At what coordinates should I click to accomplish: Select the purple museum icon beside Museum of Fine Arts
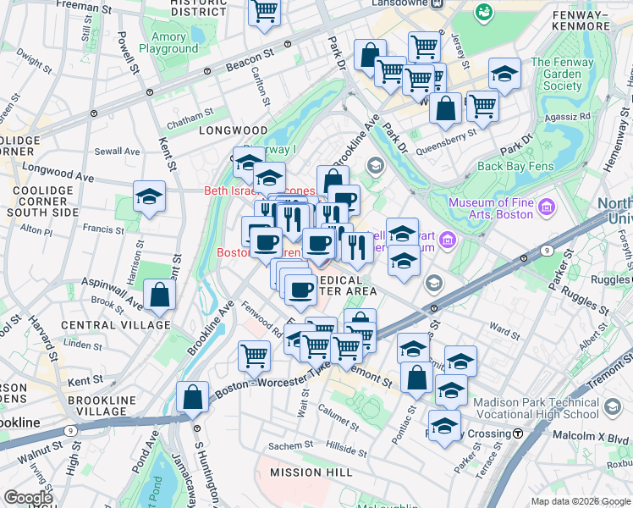(x=546, y=207)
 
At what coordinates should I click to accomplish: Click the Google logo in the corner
(x=28, y=498)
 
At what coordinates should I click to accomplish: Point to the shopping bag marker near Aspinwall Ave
(x=159, y=296)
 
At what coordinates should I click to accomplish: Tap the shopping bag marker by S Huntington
(x=193, y=397)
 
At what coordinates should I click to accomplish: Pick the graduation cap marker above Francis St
(x=149, y=198)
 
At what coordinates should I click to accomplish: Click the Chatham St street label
(x=192, y=114)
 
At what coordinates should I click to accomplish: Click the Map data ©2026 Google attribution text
(x=580, y=501)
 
